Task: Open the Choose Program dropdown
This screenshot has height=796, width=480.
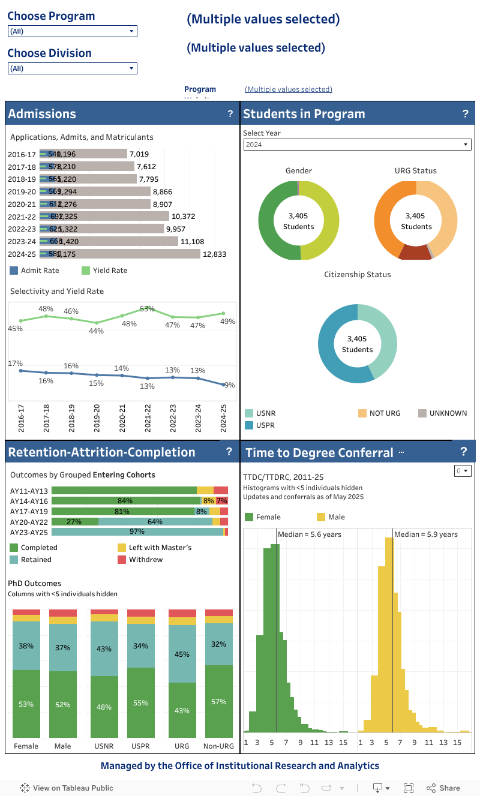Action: coord(72,31)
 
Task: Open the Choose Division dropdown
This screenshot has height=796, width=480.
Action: coord(72,68)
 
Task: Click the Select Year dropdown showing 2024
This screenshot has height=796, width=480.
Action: coord(357,145)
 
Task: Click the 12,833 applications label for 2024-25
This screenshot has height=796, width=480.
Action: coord(214,254)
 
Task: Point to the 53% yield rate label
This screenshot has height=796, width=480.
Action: coord(148,309)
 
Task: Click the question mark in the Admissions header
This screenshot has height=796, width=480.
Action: coord(230,114)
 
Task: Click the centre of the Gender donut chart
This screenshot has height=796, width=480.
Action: coord(298,221)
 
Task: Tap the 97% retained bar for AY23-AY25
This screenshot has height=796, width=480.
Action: coord(137,532)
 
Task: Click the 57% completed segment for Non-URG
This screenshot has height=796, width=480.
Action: coord(218,701)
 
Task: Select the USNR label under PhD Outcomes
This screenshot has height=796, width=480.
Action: coord(104,746)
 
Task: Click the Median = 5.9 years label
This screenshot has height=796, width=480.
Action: coord(425,534)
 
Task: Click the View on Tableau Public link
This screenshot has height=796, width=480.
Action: coord(67,788)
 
